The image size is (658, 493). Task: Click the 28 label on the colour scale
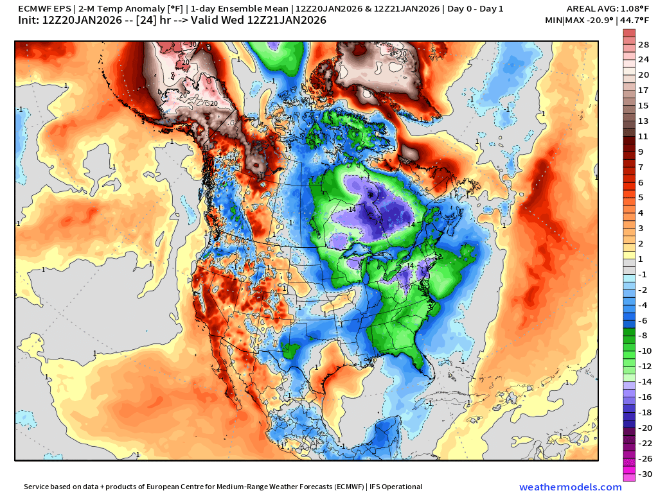[x=644, y=44]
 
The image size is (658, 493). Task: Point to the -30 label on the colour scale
[x=644, y=474]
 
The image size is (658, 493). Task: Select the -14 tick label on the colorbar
[x=644, y=381]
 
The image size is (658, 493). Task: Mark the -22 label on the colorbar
[x=644, y=444]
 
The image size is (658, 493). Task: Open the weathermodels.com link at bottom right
[x=570, y=487]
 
